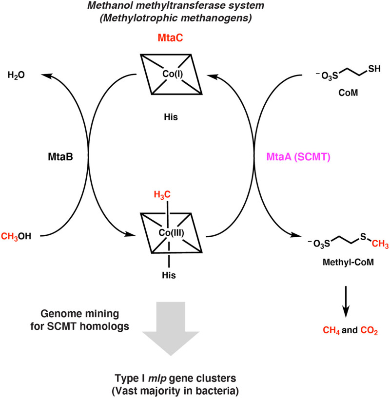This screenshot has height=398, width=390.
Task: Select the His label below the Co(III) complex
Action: [x=169, y=275]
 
